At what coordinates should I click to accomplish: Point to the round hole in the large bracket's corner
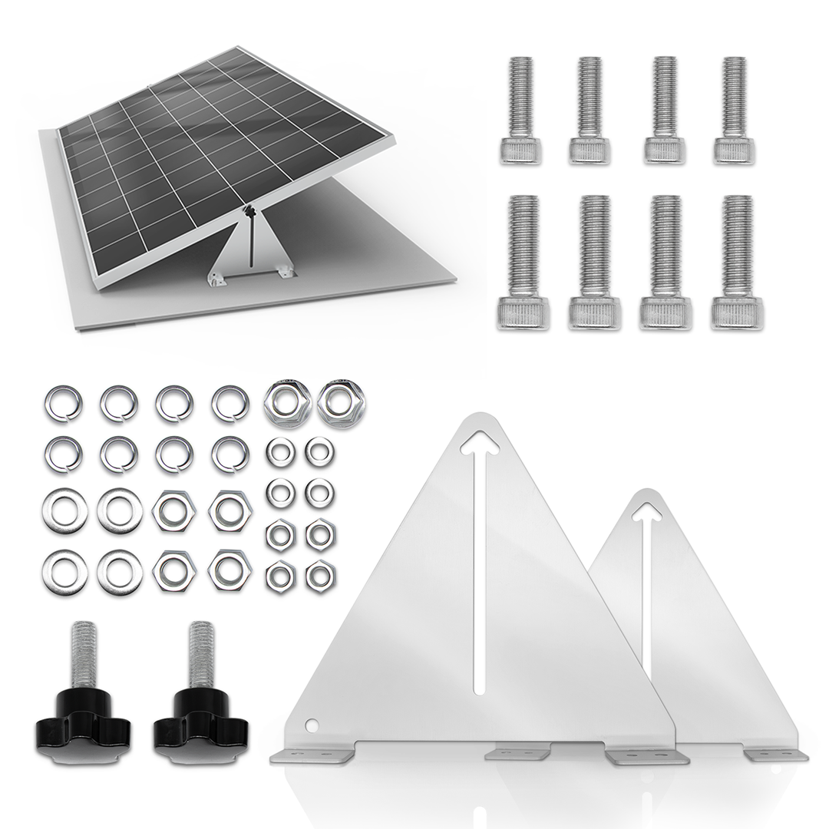pyautogui.click(x=311, y=724)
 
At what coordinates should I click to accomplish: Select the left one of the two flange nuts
pyautogui.click(x=287, y=403)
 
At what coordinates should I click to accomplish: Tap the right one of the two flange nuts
pyautogui.click(x=341, y=403)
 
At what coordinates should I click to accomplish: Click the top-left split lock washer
pyautogui.click(x=63, y=404)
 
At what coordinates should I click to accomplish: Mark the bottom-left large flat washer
pyautogui.click(x=64, y=573)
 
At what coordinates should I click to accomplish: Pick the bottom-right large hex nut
pyautogui.click(x=230, y=570)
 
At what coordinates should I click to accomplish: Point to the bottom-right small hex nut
pyautogui.click(x=320, y=576)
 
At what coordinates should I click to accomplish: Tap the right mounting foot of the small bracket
pyautogui.click(x=775, y=755)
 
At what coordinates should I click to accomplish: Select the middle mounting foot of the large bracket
pyautogui.click(x=518, y=752)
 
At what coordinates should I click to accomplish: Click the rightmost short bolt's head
pyautogui.click(x=735, y=150)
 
